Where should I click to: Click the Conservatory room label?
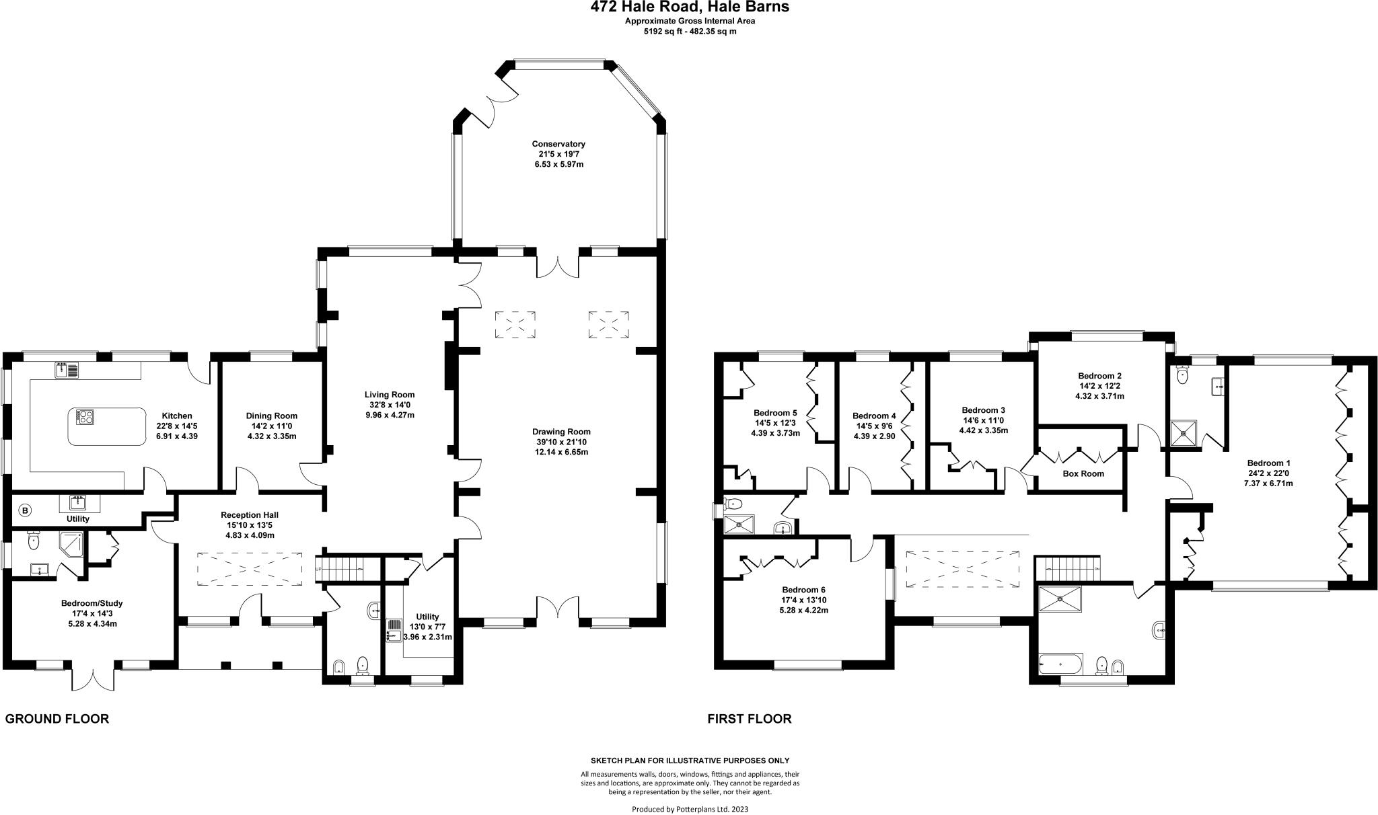[x=558, y=144]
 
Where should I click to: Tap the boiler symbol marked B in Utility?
[x=25, y=510]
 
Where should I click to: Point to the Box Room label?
[x=1083, y=473]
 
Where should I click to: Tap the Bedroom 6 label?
[x=803, y=590]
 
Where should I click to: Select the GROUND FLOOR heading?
[x=57, y=719]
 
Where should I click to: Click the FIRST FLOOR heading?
[x=749, y=719]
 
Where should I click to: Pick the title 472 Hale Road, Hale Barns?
[x=690, y=7]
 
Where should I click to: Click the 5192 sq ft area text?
[x=690, y=31]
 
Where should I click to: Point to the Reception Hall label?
[x=249, y=515]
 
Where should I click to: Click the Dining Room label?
[x=271, y=416]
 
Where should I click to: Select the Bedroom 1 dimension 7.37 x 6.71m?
[x=1268, y=483]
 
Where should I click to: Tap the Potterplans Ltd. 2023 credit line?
[x=690, y=809]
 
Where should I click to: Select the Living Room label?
[x=389, y=395]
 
